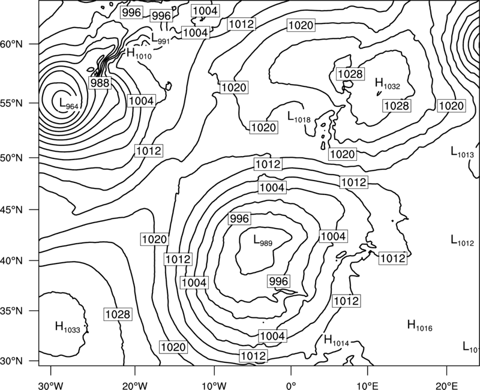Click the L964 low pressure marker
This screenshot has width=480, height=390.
click(x=68, y=103)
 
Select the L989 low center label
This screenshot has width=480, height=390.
click(x=263, y=240)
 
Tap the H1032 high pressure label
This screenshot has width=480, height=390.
click(x=387, y=83)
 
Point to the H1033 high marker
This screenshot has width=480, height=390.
click(x=68, y=326)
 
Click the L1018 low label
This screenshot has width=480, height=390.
click(x=299, y=116)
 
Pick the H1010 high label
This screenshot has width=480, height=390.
click(x=139, y=53)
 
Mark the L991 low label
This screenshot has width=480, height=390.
click(x=160, y=38)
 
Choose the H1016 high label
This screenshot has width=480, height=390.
click(x=419, y=325)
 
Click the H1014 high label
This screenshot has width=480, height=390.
click(x=337, y=340)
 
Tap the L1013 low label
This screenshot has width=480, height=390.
click(x=462, y=152)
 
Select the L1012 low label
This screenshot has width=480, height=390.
click(x=462, y=240)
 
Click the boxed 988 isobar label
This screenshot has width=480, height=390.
click(x=100, y=83)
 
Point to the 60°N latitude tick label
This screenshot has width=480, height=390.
click(x=11, y=44)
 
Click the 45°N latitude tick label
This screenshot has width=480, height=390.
click(x=11, y=210)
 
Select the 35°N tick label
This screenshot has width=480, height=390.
click(x=11, y=311)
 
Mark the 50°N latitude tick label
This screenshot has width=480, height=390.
click(x=11, y=158)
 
